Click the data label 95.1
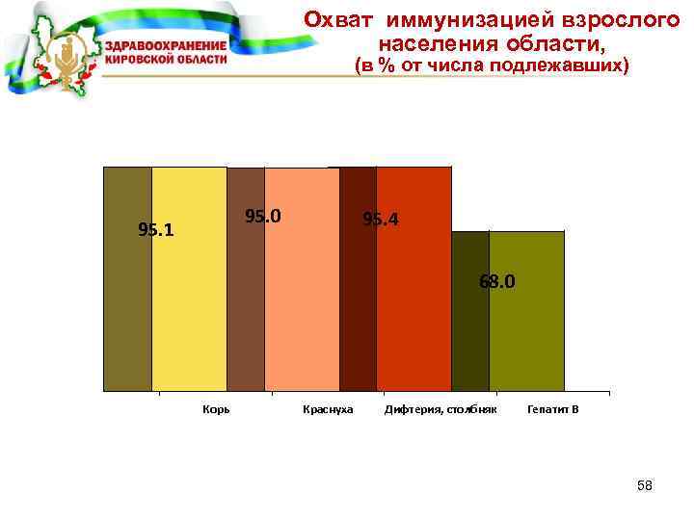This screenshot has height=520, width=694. coord(156,230)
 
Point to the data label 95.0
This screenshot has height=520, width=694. coord(263,216)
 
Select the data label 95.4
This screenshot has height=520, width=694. coord(380,221)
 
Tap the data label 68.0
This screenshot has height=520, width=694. coord(497,282)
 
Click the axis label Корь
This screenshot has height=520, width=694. coord(215,409)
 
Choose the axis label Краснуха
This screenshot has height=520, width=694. coord(328,409)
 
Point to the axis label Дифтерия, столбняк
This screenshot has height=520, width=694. coord(440,409)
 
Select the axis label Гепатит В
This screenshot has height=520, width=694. coord(553,409)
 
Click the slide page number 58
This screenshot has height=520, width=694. coord(645,486)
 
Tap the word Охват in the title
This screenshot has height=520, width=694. coord(334,19)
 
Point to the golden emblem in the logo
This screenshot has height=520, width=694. coord(67,58)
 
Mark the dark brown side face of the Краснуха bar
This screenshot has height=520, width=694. coord(246,279)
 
